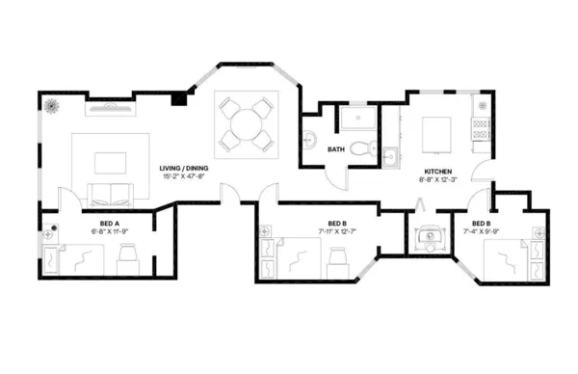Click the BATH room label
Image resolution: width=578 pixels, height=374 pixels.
point(336,149)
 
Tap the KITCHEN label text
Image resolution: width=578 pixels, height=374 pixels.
point(435,169)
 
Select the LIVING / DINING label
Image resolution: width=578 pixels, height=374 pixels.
point(184,169)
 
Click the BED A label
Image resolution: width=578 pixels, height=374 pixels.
point(96,223)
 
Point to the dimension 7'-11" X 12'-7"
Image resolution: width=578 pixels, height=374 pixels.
point(336,231)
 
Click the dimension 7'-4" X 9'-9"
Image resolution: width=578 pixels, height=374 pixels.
point(482,231)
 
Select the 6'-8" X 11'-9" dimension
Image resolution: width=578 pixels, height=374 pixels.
point(96,231)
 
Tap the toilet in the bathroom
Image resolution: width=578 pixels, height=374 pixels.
point(360,147)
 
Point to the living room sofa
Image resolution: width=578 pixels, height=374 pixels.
point(108,190)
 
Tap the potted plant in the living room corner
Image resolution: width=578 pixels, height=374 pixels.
point(51,104)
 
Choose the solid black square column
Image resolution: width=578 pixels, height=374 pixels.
point(177,98)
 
